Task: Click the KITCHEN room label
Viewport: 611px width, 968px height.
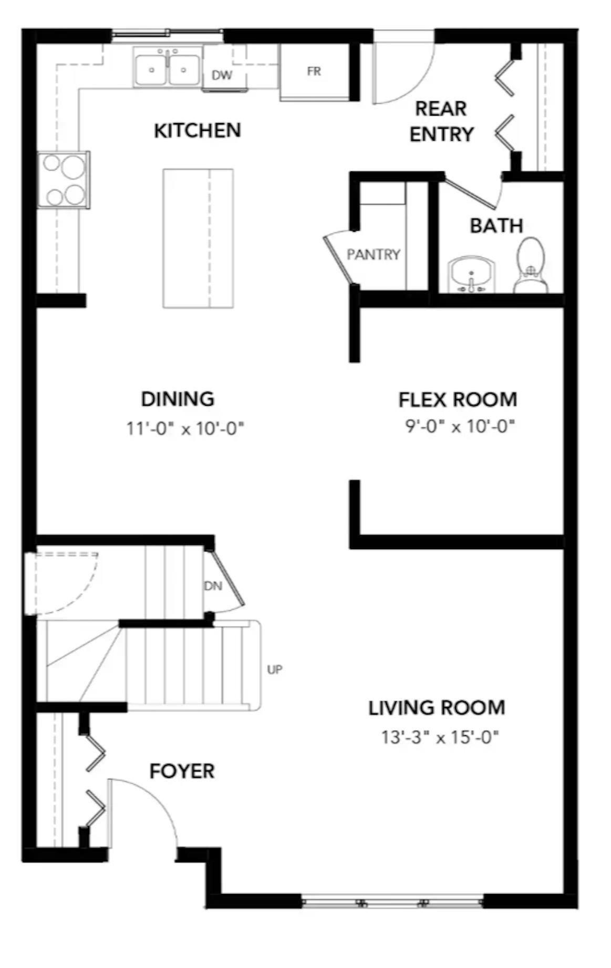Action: pos(197,130)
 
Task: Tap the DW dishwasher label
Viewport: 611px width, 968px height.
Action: pos(222,75)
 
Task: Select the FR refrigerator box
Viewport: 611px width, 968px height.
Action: pos(314,72)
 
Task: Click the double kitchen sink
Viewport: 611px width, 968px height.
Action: pos(168,67)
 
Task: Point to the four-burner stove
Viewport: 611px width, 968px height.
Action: pos(64,180)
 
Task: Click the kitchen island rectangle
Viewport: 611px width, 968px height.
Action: pos(198,238)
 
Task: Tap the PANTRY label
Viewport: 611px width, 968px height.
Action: pos(374,255)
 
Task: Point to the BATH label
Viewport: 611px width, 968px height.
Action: pos(496,226)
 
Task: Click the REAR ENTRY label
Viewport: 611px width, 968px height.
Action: pos(441,121)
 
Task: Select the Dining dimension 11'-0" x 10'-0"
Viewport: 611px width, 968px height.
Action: pos(185,429)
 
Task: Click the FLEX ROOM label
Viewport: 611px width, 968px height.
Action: pos(458,400)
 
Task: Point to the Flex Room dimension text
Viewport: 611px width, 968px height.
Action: pos(460,426)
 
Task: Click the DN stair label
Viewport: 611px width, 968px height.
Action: pos(213,585)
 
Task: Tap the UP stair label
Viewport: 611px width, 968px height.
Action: pos(275,670)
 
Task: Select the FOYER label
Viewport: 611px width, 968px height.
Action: pos(182,771)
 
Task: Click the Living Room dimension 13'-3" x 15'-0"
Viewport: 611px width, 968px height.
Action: pos(440,737)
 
